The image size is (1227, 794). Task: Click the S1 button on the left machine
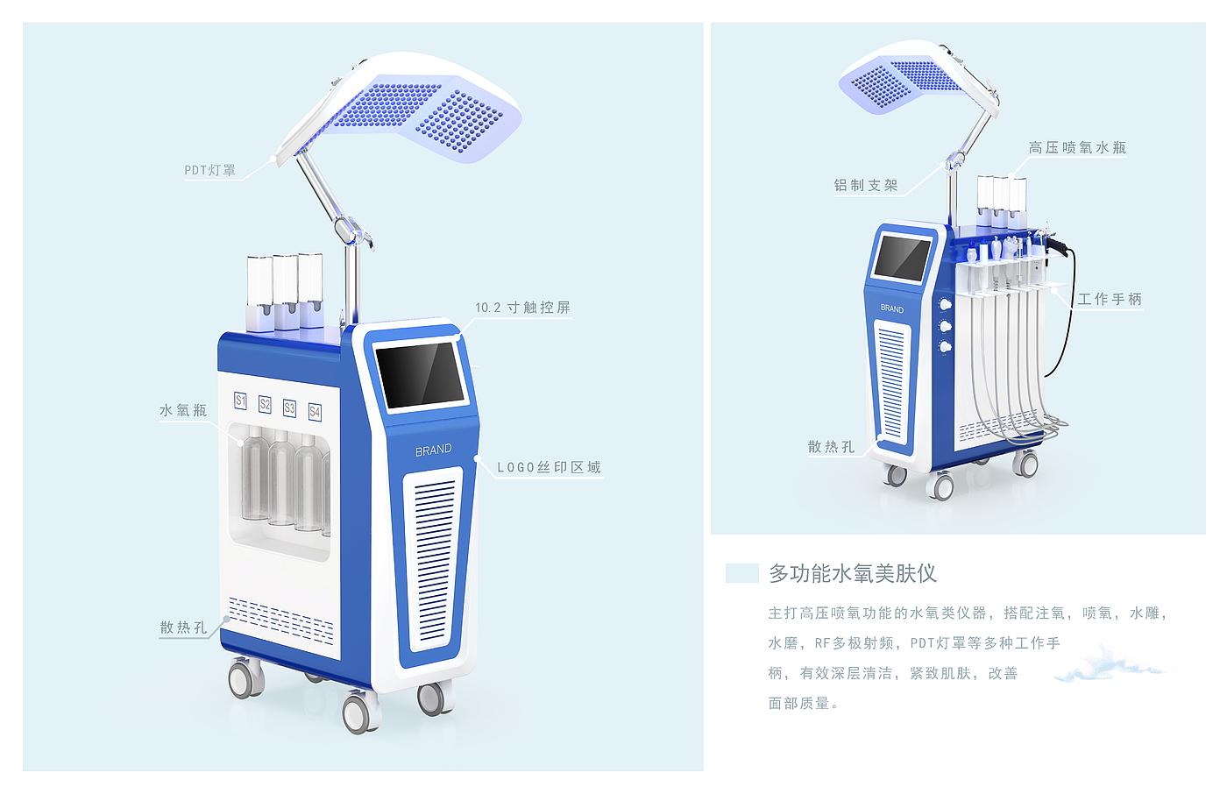pyautogui.click(x=240, y=401)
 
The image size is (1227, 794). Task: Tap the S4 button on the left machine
pyautogui.click(x=315, y=411)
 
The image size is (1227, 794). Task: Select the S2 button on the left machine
pyautogui.click(x=265, y=404)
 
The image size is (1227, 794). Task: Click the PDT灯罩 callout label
pyautogui.click(x=210, y=170)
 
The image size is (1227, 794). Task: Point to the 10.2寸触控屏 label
pyautogui.click(x=522, y=308)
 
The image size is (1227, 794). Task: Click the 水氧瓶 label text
pyautogui.click(x=183, y=410)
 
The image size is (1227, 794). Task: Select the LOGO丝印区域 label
pyautogui.click(x=549, y=467)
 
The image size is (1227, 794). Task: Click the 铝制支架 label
pyautogui.click(x=866, y=185)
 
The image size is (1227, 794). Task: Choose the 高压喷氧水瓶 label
pyautogui.click(x=1077, y=148)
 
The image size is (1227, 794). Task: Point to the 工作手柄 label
pyautogui.click(x=1110, y=299)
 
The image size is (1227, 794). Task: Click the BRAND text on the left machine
pyautogui.click(x=434, y=450)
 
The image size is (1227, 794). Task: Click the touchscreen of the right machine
pyautogui.click(x=902, y=259)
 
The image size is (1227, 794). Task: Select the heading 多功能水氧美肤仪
pyautogui.click(x=853, y=573)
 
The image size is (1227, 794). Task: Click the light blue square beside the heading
pyautogui.click(x=741, y=573)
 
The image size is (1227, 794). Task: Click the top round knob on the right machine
pyautogui.click(x=945, y=305)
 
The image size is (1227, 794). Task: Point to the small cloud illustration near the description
pyautogui.click(x=1106, y=663)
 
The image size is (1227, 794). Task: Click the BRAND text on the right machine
pyautogui.click(x=891, y=308)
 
